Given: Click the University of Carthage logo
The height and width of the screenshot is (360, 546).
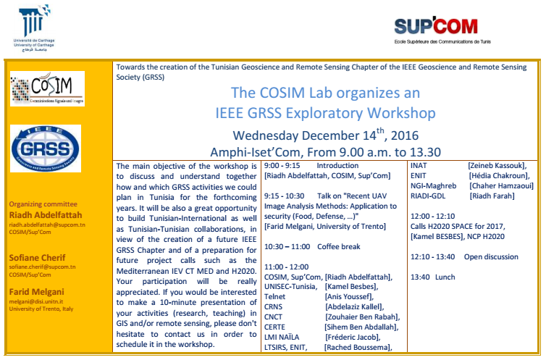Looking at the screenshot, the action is (34, 28).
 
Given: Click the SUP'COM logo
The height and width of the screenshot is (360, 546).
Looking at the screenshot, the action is (442, 30).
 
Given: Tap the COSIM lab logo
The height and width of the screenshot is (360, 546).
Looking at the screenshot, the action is (47, 88).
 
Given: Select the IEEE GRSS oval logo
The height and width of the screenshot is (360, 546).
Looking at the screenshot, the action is (46, 148).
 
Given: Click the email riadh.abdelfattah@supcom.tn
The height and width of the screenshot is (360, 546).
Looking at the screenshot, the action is (47, 225).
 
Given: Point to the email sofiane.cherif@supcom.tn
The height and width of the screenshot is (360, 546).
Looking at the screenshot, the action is (42, 267).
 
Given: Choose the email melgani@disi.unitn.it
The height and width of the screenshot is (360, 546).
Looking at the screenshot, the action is (36, 301).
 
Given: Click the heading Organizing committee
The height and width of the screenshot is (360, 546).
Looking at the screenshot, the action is (43, 204).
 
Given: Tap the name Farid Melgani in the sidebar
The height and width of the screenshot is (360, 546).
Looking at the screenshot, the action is (36, 292).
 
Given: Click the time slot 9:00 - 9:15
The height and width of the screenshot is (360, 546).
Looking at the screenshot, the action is (282, 166).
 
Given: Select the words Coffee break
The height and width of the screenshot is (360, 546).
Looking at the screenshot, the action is (338, 246).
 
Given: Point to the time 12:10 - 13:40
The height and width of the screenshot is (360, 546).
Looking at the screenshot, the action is (433, 257).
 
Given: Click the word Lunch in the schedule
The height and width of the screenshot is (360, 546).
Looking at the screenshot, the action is (445, 277).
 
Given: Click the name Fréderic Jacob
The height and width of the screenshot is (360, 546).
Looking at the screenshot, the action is (352, 337).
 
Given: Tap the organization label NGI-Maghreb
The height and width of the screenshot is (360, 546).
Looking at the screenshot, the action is (433, 186).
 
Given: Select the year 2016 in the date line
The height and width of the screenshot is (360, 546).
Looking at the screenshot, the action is (405, 135).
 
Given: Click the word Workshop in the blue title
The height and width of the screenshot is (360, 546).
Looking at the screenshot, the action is (401, 113).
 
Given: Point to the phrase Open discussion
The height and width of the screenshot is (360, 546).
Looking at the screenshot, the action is (491, 257).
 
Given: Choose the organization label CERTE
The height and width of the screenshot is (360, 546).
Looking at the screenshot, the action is (274, 327).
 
